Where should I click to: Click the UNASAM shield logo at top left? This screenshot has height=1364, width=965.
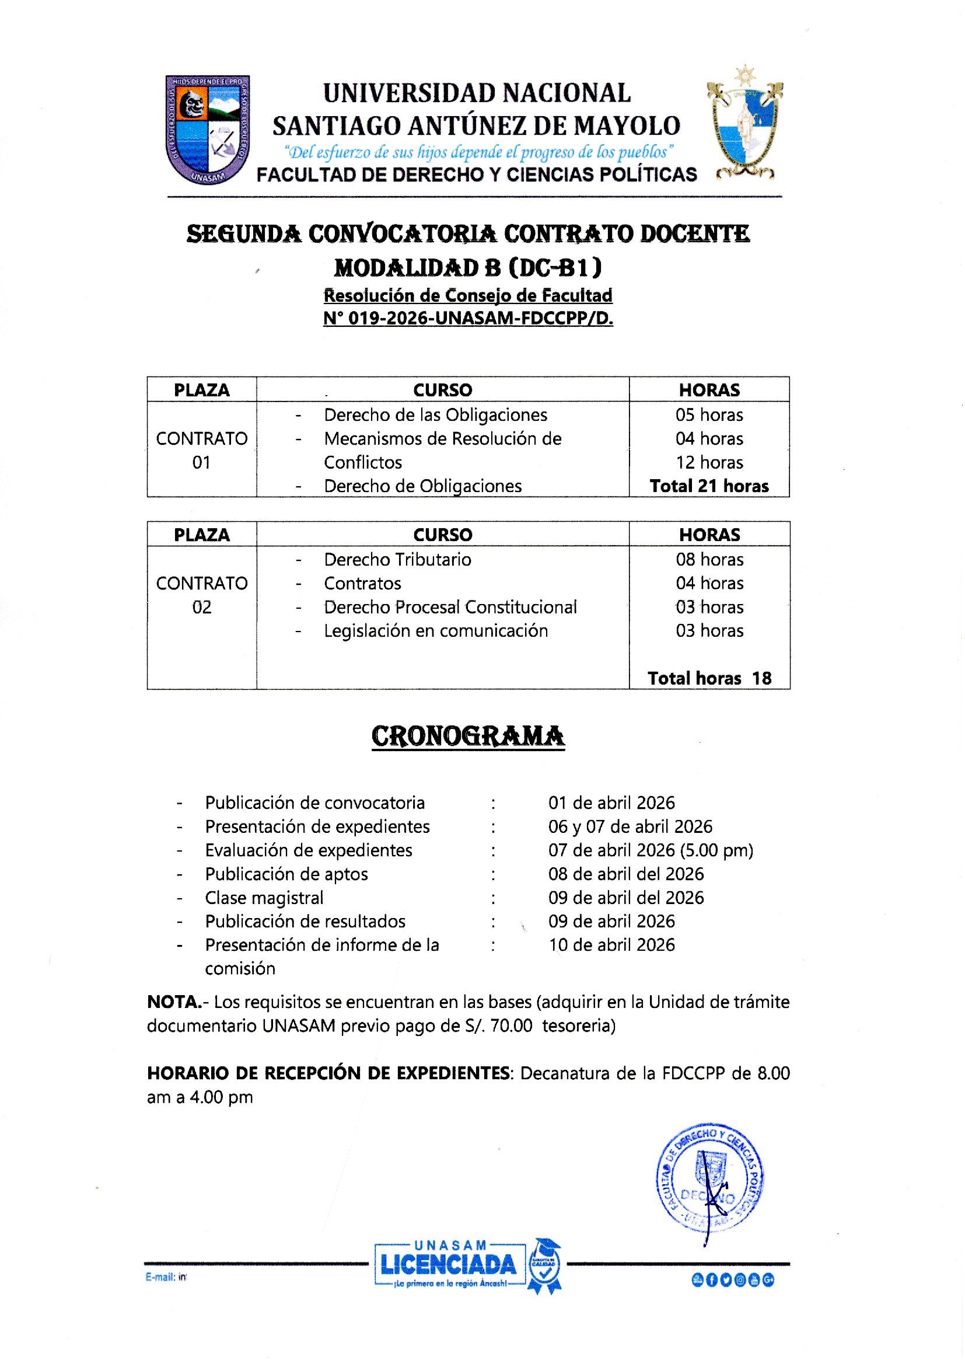click(x=207, y=130)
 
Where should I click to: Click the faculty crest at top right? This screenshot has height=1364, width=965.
click(x=744, y=125)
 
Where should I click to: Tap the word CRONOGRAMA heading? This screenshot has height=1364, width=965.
click(x=468, y=736)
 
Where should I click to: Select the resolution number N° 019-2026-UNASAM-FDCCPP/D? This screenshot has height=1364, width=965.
click(x=468, y=319)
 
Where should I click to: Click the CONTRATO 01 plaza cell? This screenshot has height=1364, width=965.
click(x=201, y=450)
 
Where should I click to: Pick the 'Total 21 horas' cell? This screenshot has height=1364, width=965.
click(x=709, y=486)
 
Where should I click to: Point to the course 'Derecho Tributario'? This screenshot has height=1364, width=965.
click(x=397, y=559)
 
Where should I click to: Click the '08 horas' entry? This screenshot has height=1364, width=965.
click(x=709, y=559)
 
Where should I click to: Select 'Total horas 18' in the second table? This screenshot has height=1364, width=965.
click(x=709, y=678)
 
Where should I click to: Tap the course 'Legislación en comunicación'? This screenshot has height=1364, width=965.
click(x=436, y=630)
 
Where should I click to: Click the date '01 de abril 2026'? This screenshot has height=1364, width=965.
click(x=611, y=803)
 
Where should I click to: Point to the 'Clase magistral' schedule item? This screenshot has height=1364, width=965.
click(x=264, y=898)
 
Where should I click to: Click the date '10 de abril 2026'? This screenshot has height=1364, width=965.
click(x=611, y=945)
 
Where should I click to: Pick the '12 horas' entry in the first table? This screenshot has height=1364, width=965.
click(x=709, y=462)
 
